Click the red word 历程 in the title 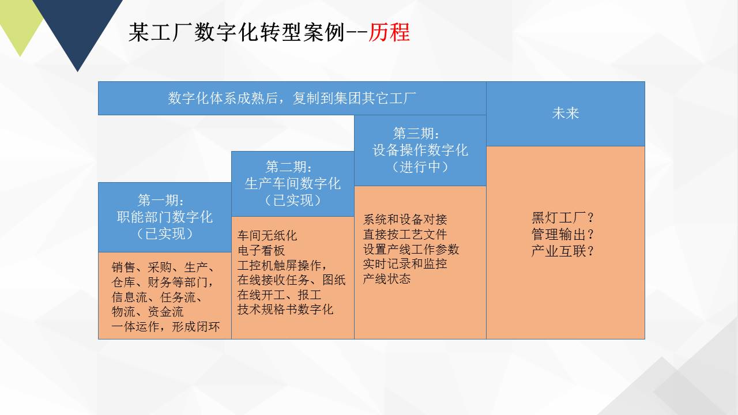389,32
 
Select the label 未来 566,113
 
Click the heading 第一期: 161,200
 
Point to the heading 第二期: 289,167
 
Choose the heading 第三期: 416,133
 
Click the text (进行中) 420,167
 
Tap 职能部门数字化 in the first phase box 165,217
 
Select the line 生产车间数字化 292,183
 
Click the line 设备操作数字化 420,150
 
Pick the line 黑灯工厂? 562,218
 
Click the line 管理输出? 562,235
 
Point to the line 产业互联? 562,251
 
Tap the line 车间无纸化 267,236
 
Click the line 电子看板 261,250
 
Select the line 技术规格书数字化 285,310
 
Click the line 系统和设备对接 405,219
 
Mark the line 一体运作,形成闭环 165,326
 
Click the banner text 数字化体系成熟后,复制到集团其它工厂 292,98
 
